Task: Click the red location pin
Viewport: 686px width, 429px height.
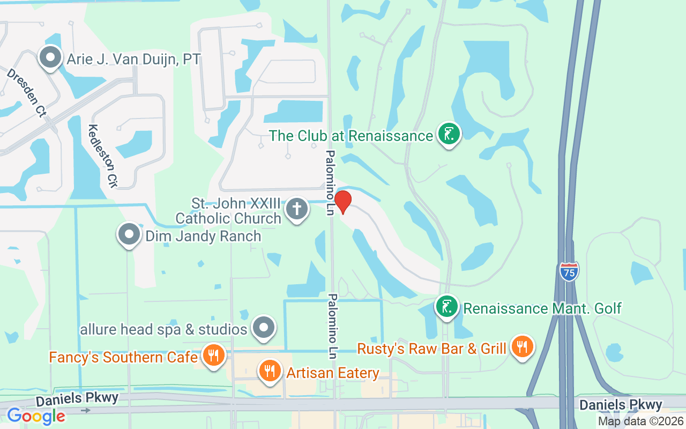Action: pyautogui.click(x=342, y=202)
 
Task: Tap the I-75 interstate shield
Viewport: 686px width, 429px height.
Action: pyautogui.click(x=569, y=271)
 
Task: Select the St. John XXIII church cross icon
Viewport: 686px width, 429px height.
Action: pyautogui.click(x=296, y=208)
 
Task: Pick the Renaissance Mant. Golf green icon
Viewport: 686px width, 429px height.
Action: pyautogui.click(x=446, y=307)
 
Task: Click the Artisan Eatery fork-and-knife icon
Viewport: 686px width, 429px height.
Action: pyautogui.click(x=270, y=370)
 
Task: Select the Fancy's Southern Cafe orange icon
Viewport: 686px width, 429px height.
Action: pyautogui.click(x=214, y=354)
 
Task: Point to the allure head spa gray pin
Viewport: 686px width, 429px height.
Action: pyautogui.click(x=263, y=327)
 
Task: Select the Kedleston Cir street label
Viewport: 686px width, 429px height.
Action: pyautogui.click(x=102, y=156)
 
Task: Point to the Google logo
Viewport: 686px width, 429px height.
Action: pyautogui.click(x=36, y=416)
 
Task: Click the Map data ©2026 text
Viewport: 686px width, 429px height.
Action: pyautogui.click(x=640, y=421)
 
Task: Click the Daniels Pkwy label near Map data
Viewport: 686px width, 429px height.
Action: pyautogui.click(x=621, y=405)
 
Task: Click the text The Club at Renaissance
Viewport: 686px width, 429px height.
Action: pyautogui.click(x=351, y=136)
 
